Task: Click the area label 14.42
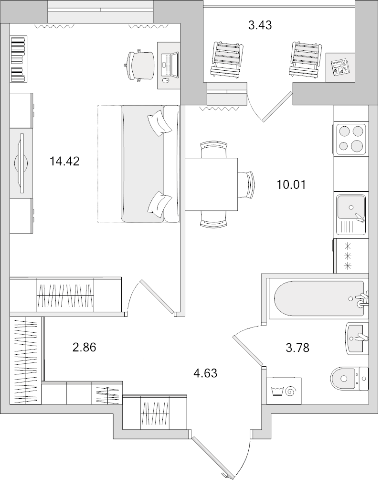point(64,162)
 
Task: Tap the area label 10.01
point(290,184)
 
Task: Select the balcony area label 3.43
point(260,25)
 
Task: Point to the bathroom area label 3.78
point(297,348)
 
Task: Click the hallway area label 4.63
point(205,373)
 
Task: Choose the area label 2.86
point(84,348)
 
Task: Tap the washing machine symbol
point(283,389)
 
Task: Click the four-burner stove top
point(351,139)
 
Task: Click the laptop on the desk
point(170,64)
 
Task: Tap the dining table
point(211,184)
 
